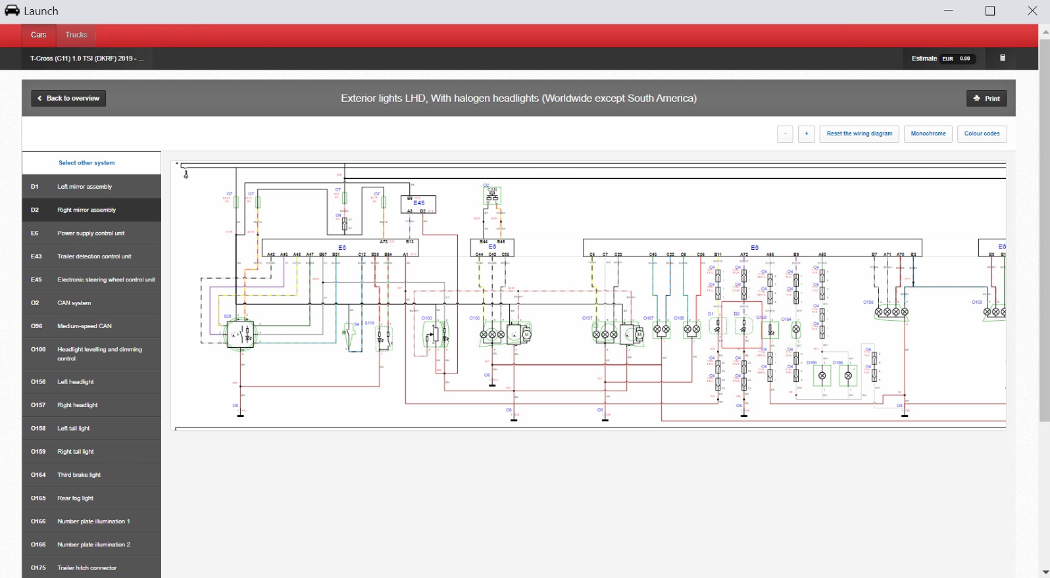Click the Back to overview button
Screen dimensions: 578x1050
click(68, 99)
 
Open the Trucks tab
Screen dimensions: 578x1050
click(76, 35)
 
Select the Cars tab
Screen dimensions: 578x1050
click(39, 35)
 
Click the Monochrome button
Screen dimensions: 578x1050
click(928, 133)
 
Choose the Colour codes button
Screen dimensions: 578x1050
click(982, 133)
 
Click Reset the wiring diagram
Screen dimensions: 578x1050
click(859, 133)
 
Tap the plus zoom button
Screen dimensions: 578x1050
click(807, 133)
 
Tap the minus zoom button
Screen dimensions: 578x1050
click(785, 133)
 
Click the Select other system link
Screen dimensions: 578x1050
click(86, 163)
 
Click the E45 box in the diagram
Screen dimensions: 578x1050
click(418, 204)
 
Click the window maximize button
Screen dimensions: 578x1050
click(989, 11)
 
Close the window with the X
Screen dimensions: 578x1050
click(1032, 11)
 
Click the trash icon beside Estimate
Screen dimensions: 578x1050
click(1003, 58)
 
